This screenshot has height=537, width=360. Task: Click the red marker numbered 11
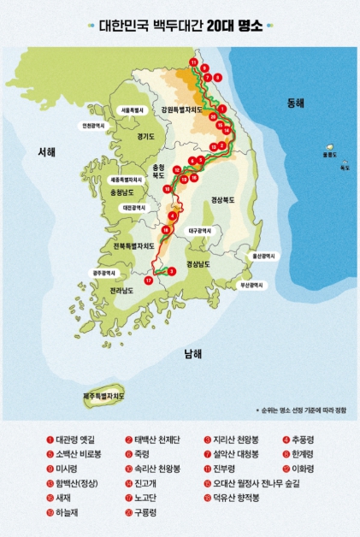pos(194,63)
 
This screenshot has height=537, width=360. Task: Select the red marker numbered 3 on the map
pos(172,271)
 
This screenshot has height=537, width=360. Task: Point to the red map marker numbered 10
pos(168,188)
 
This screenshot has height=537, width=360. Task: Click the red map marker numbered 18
pos(166,230)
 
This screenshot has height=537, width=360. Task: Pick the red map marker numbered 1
pos(222,109)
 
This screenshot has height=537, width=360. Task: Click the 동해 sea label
pos(295,103)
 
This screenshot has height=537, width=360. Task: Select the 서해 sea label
pos(46,152)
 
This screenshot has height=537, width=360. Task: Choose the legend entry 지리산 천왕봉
pos(235,440)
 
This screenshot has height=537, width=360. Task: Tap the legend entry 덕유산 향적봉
pos(235,498)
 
